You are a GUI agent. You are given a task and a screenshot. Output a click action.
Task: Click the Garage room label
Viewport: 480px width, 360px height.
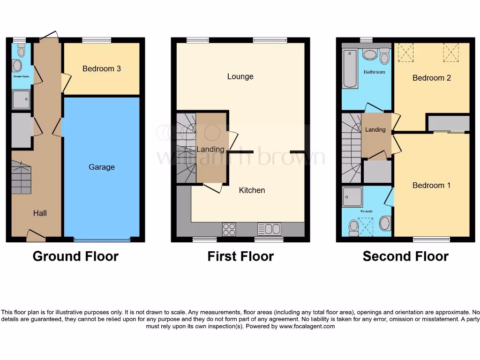pyautogui.click(x=101, y=167)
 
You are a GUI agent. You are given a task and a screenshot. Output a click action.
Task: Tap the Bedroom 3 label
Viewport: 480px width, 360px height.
pyautogui.click(x=101, y=68)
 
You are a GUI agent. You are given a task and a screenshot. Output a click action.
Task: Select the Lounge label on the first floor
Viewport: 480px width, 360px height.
pyautogui.click(x=240, y=76)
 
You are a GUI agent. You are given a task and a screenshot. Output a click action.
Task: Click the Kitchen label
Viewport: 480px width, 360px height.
pyautogui.click(x=252, y=190)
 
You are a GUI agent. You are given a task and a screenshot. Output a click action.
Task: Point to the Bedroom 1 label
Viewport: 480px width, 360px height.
pyautogui.click(x=431, y=185)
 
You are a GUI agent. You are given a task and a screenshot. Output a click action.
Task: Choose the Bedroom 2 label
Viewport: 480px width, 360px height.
pyautogui.click(x=431, y=78)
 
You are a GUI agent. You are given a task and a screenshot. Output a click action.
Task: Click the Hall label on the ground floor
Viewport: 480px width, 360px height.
pyautogui.click(x=40, y=213)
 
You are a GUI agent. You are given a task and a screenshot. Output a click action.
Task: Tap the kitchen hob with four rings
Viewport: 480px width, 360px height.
pyautogui.click(x=229, y=229)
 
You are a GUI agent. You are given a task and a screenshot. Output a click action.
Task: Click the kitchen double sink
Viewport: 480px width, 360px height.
pyautogui.click(x=269, y=229)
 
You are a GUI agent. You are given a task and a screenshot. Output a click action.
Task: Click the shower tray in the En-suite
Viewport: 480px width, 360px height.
pyautogui.click(x=352, y=197)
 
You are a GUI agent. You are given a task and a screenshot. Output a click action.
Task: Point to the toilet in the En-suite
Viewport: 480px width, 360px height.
pyautogui.click(x=353, y=227)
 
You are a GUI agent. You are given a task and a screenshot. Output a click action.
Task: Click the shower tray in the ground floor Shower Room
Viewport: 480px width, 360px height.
pyautogui.click(x=22, y=99)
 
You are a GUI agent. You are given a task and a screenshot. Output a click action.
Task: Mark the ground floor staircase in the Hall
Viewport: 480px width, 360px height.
pyautogui.click(x=21, y=177)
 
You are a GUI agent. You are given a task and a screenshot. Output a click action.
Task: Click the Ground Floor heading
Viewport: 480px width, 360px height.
pyautogui.click(x=75, y=256)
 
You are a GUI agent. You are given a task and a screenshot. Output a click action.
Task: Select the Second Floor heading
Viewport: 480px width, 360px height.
pyautogui.click(x=405, y=256)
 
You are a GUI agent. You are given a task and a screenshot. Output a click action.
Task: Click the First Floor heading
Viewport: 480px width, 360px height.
pyautogui.click(x=240, y=256)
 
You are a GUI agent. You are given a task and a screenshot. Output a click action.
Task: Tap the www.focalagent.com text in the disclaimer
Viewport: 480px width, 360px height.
pyautogui.click(x=307, y=326)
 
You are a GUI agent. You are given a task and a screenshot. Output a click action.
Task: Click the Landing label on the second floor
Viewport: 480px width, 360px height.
pyautogui.click(x=375, y=129)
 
